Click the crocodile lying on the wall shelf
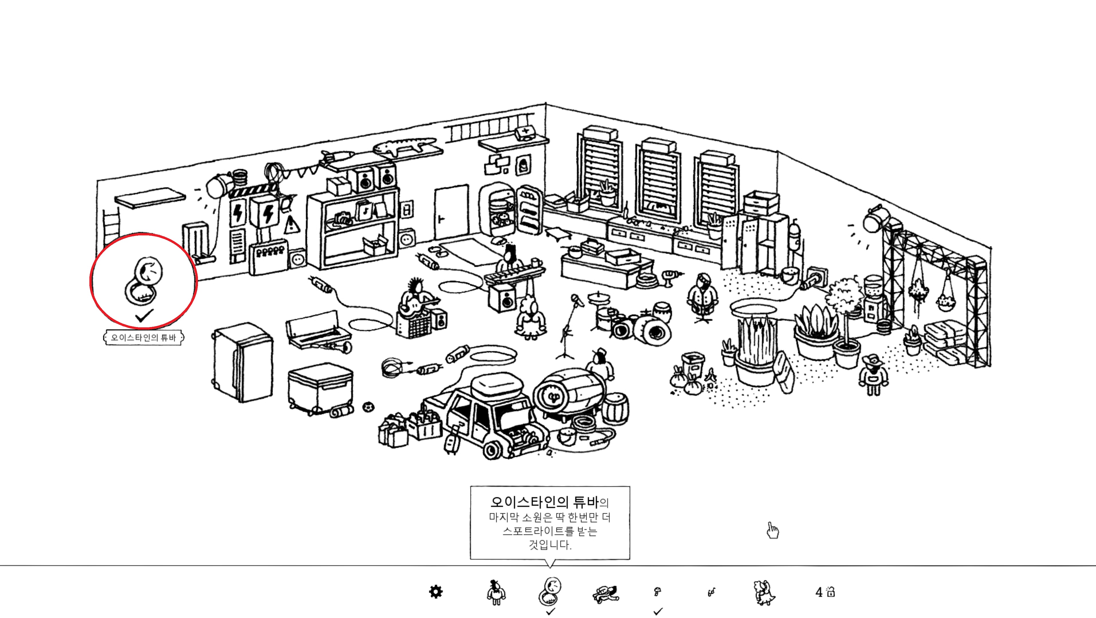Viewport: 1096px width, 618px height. (404, 146)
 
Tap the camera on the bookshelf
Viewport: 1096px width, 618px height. (343, 219)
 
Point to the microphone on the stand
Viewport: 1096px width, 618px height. (577, 300)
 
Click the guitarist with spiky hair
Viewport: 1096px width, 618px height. (416, 298)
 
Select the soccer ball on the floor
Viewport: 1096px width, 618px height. (368, 407)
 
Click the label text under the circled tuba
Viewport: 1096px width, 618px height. (144, 338)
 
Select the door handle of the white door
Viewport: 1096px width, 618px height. (441, 219)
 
